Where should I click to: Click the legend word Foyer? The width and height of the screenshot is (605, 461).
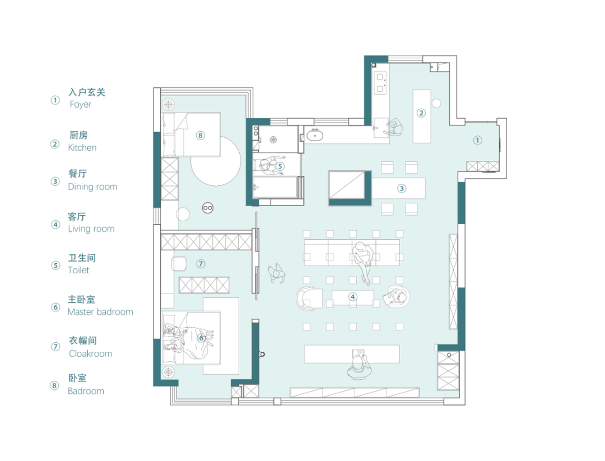(x=80, y=105)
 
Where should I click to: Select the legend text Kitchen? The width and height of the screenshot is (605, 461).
(x=82, y=148)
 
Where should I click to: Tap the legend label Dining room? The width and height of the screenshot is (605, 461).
(x=92, y=187)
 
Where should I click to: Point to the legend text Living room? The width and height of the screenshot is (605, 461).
(x=91, y=229)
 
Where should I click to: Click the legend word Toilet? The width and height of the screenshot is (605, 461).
(x=78, y=270)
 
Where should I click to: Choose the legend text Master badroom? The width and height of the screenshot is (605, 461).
(x=100, y=311)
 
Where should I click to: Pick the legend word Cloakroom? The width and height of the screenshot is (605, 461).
(x=90, y=354)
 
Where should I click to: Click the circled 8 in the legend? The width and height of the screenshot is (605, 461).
(x=54, y=385)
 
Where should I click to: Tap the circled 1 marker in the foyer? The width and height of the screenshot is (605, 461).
(x=478, y=140)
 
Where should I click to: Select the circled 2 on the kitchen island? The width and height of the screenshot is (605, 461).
(x=421, y=113)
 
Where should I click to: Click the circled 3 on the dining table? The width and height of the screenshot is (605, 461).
(x=402, y=188)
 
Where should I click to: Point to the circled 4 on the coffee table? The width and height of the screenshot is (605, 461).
(x=353, y=297)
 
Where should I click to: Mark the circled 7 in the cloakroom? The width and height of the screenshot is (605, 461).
(x=201, y=264)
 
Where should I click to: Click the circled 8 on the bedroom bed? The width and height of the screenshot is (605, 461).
(x=200, y=136)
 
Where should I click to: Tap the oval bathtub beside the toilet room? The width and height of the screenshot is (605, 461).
(x=315, y=136)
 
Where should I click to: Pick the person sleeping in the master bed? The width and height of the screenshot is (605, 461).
(x=189, y=340)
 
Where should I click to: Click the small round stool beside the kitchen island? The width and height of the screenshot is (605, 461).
(x=436, y=104)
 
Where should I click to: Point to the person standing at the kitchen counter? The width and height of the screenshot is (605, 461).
(x=394, y=127)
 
